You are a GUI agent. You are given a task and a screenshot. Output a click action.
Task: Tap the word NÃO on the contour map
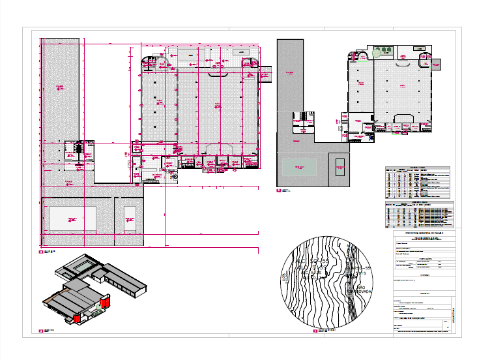click(x=360, y=286)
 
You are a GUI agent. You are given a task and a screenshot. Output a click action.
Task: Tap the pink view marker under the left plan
click(x=42, y=251)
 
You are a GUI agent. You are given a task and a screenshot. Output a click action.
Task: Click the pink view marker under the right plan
click(x=278, y=191)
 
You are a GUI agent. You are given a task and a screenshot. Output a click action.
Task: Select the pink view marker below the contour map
click(x=315, y=331)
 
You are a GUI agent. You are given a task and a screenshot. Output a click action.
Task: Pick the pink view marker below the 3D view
click(x=42, y=331)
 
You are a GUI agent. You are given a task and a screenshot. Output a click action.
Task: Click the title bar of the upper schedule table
click(x=417, y=168)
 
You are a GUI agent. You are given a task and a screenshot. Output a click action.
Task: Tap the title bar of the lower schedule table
click(x=417, y=203)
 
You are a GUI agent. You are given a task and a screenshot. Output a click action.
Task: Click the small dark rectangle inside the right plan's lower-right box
click(x=339, y=168)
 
